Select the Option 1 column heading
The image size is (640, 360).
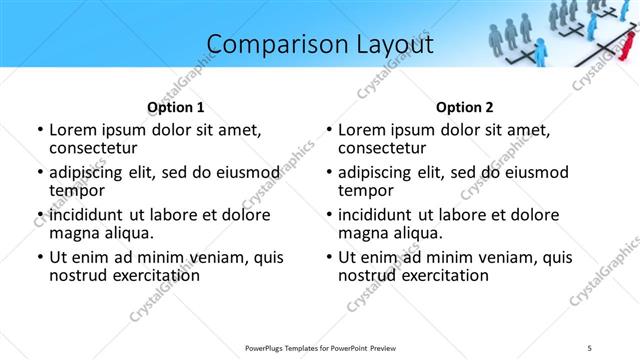176,107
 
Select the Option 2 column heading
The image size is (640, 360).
465,107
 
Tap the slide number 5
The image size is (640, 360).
590,347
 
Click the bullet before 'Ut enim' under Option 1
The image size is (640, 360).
39,258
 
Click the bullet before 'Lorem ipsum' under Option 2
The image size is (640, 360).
328,130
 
